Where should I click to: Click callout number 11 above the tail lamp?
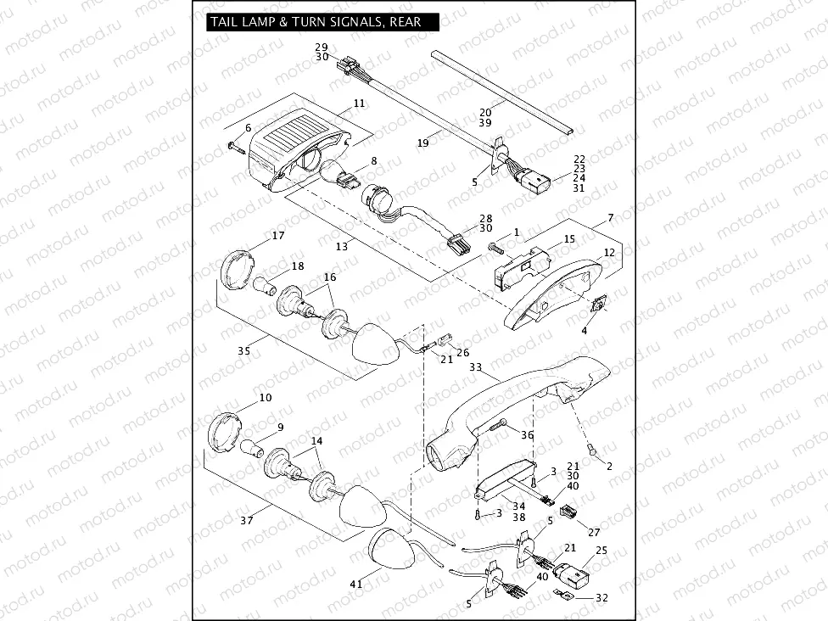[359, 103]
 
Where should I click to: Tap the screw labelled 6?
[236, 148]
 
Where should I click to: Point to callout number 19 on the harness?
[422, 143]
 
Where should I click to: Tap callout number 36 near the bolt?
[527, 434]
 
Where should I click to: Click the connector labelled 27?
[569, 512]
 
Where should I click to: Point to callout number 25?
[601, 551]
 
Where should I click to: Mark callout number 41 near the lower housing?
[355, 584]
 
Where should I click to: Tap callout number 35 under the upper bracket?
[243, 350]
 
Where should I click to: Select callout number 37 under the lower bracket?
[246, 520]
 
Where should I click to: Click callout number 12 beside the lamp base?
[609, 253]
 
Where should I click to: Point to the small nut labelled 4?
[599, 303]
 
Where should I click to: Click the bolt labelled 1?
[496, 248]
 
